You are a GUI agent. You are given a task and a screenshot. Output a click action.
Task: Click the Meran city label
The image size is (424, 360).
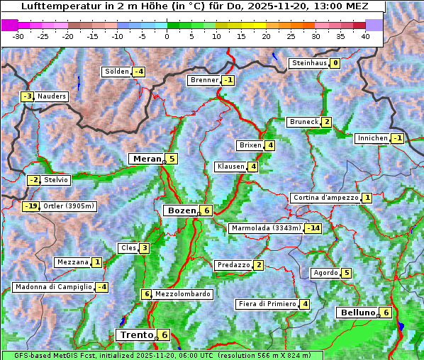146,159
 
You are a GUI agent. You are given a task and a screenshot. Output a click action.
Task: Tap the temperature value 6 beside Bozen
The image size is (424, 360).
206,210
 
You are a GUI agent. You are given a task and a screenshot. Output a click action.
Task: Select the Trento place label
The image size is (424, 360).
136,334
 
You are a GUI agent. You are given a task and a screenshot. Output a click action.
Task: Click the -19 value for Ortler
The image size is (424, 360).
30,206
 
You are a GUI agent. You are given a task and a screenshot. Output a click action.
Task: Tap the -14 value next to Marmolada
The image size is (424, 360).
313,228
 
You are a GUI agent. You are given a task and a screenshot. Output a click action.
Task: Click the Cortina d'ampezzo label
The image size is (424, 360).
325,198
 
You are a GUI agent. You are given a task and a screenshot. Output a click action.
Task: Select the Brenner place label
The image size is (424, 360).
204,80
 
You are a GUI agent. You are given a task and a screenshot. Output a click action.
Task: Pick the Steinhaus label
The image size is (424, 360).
309,63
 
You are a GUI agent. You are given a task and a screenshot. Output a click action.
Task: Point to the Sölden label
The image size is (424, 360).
117,72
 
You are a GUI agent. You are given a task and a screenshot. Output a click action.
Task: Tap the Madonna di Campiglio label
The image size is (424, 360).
53,287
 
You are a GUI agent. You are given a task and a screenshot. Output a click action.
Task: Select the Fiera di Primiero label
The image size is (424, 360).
267,304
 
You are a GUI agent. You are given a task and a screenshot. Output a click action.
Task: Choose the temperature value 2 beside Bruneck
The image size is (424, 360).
326,122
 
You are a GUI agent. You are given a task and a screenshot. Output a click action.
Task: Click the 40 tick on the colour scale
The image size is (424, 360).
364,36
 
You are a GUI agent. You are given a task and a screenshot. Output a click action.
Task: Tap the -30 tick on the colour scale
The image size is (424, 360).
18,36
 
